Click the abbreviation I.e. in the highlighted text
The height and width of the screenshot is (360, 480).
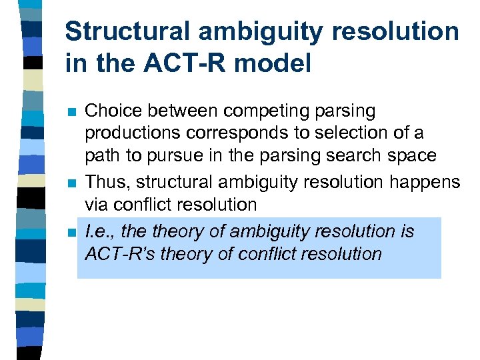[x=99, y=231]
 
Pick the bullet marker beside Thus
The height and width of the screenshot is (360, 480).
[x=72, y=182]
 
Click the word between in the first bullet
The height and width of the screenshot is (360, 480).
[x=181, y=111]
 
